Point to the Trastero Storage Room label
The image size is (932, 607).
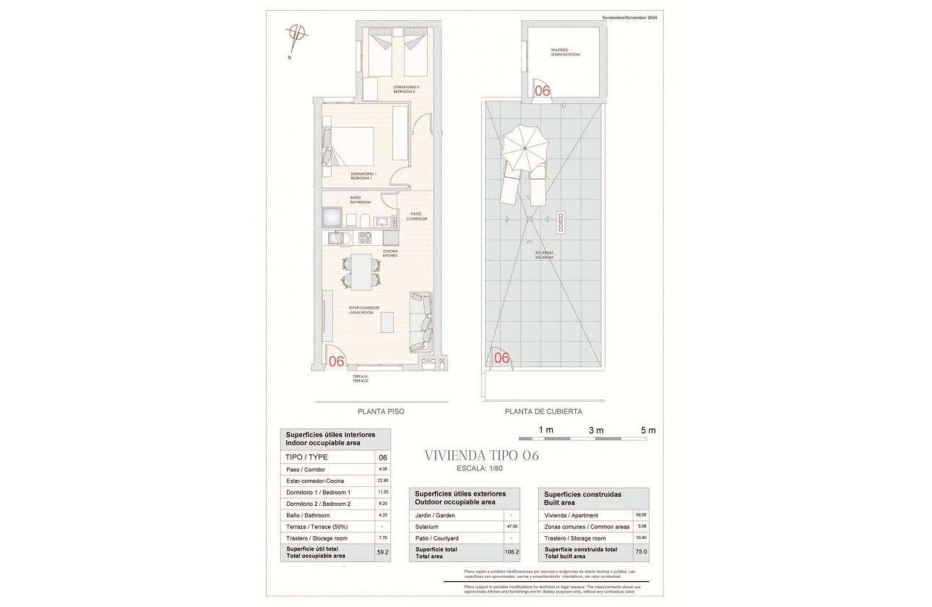(x=564, y=52)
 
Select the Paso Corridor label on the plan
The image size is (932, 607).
(x=416, y=215)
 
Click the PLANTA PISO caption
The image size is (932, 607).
(x=381, y=411)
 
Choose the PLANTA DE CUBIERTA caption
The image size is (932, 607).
(x=543, y=411)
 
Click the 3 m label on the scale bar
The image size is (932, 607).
(x=596, y=431)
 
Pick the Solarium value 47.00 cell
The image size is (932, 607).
(x=512, y=527)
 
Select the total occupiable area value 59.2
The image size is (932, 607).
(x=383, y=553)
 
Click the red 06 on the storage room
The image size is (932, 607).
(x=542, y=90)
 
